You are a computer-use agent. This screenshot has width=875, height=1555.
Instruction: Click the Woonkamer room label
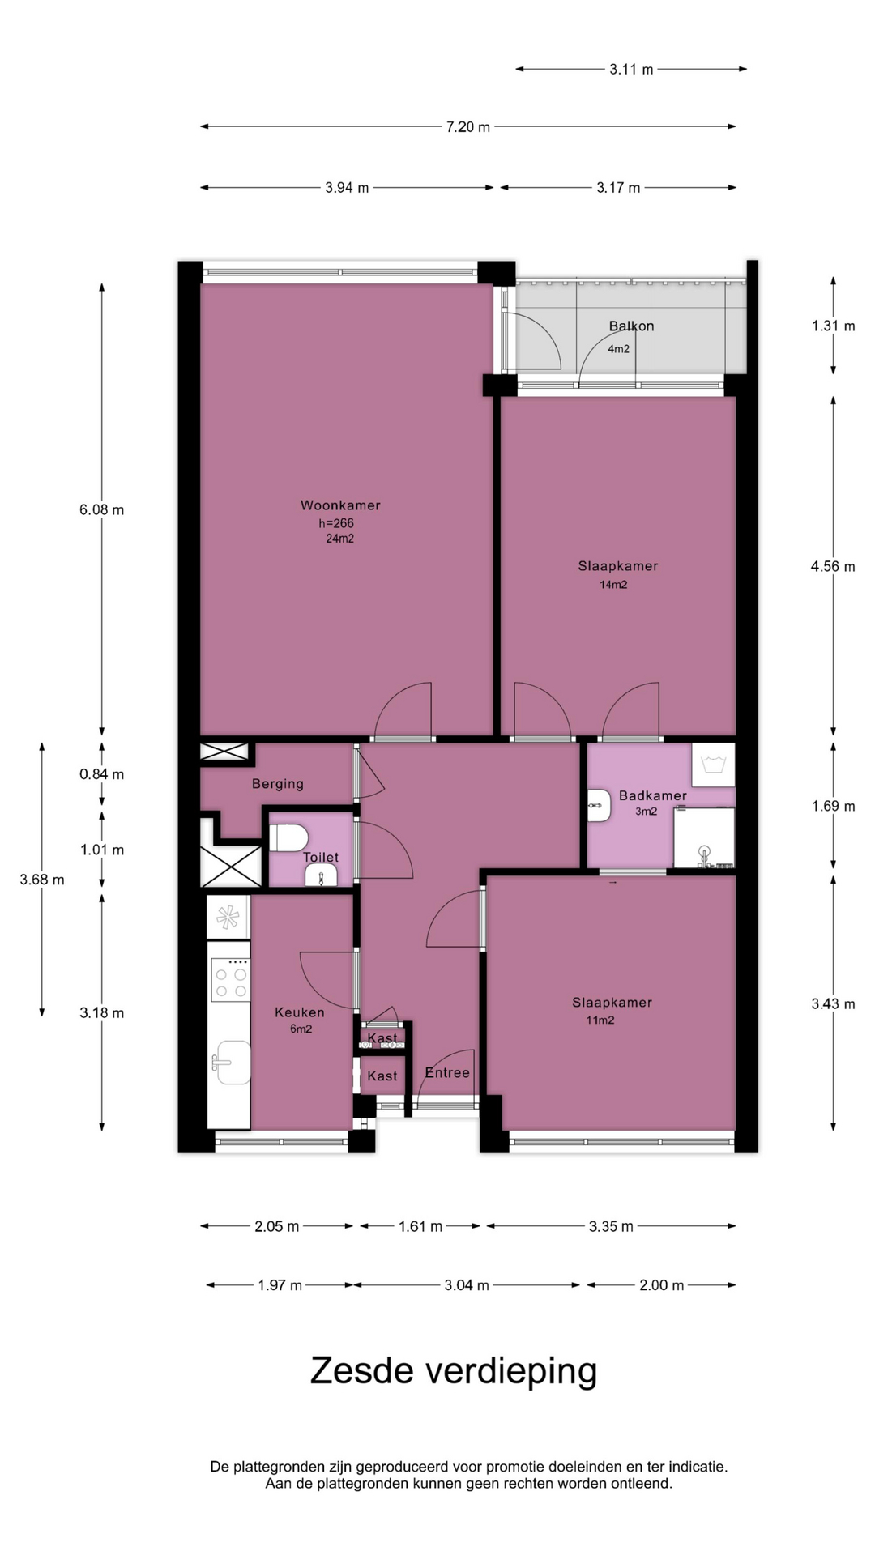(340, 505)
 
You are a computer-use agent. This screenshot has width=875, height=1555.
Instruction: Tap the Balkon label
(631, 326)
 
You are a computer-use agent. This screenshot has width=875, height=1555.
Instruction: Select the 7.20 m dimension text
(468, 127)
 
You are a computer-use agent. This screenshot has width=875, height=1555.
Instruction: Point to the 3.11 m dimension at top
(631, 70)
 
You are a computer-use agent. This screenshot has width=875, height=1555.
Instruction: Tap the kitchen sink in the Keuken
(232, 1062)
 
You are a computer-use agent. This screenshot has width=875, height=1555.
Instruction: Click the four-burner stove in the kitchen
(230, 979)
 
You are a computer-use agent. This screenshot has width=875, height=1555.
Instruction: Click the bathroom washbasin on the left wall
(599, 806)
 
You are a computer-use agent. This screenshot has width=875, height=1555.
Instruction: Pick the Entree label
(447, 1072)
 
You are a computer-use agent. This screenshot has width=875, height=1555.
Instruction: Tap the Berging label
(278, 784)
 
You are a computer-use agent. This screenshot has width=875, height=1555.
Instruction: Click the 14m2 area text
(613, 585)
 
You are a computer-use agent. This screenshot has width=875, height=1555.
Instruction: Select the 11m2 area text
(600, 1020)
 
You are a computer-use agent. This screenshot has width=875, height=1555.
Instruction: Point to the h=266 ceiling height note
(336, 523)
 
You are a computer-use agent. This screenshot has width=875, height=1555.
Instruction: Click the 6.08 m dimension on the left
(102, 510)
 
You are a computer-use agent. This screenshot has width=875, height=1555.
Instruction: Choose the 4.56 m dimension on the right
(833, 567)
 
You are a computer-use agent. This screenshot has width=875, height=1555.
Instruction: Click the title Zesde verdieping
(454, 1371)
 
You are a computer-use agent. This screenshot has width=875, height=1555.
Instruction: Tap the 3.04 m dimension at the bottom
(467, 1285)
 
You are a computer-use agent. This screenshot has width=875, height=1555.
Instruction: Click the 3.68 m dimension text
(42, 880)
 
